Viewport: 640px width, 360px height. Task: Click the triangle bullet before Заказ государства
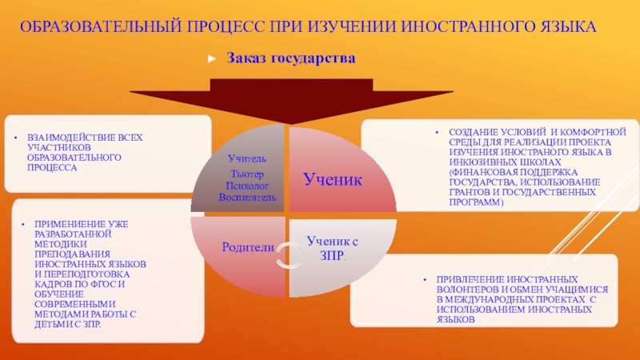[x=212, y=58]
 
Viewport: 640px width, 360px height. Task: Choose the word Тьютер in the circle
[x=246, y=174]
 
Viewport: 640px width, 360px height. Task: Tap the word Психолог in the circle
[x=246, y=185]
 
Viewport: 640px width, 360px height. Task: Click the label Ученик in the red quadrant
[x=333, y=180]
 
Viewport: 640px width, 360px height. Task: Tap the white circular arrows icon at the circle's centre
[x=285, y=256]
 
